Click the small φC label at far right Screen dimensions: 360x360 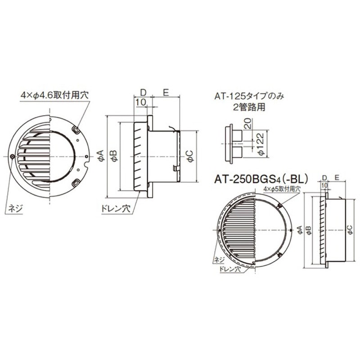coord(350,230)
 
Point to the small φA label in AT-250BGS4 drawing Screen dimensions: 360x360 coord(299,230)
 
